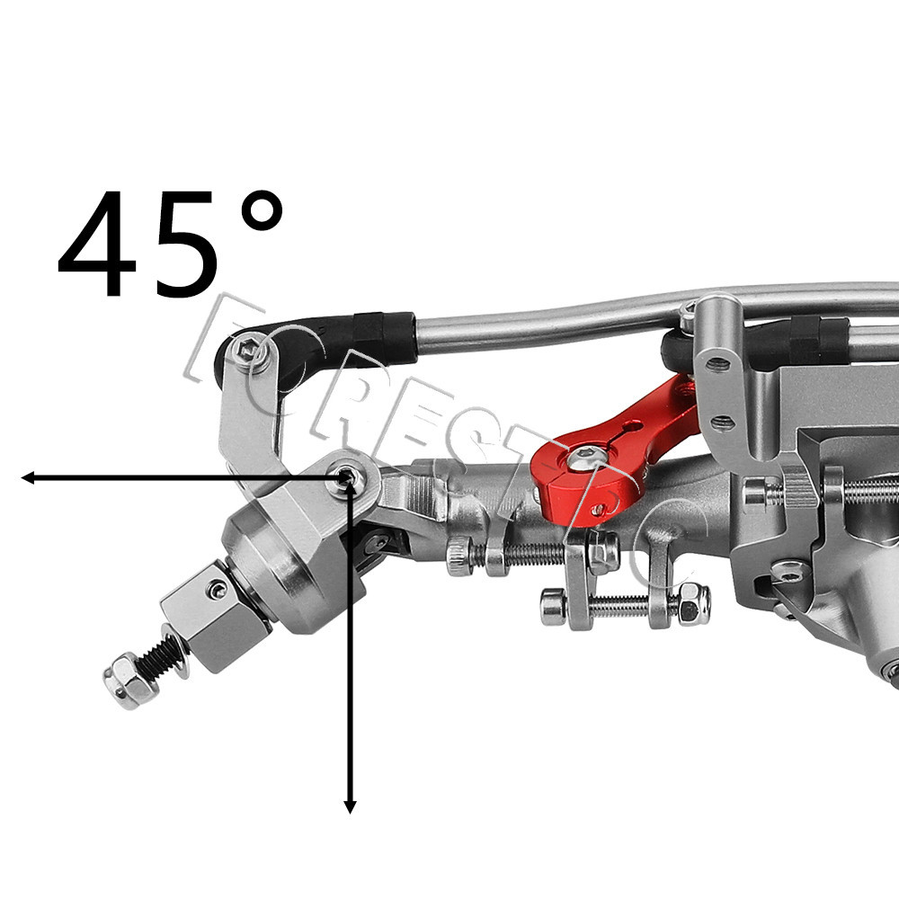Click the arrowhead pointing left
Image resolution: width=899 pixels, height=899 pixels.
(28, 477)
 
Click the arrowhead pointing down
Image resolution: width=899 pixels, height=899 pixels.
(350, 806)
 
